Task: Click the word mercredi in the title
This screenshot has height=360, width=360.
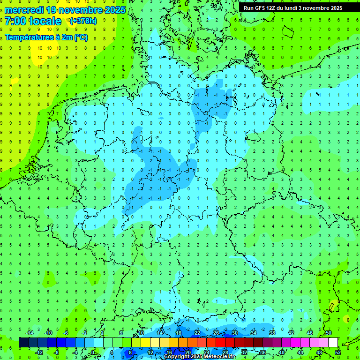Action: (24, 10)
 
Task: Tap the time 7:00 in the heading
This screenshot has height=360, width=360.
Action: (15, 21)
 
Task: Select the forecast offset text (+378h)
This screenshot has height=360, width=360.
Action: (83, 21)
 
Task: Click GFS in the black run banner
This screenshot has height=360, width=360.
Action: (261, 8)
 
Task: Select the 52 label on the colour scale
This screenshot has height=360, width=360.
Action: (337, 352)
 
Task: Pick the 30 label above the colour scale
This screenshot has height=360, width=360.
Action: (234, 333)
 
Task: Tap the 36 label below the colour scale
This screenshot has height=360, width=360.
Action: (262, 352)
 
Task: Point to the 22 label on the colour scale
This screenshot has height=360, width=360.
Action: (197, 333)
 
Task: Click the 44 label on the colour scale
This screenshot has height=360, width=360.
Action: (300, 352)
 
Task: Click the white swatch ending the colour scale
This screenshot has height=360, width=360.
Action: (333, 343)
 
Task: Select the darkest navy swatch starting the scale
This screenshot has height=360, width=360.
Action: (23, 343)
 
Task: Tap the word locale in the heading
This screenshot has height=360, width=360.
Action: (45, 21)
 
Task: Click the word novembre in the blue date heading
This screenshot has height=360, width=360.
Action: (78, 10)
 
